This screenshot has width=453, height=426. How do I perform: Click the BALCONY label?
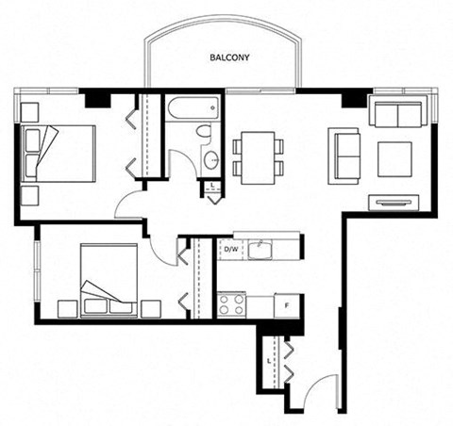pos(229,57)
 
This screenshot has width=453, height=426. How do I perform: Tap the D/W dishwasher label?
pos(231,250)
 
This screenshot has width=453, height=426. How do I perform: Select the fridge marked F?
pos(287,305)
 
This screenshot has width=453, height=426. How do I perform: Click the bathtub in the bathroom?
pos(193,108)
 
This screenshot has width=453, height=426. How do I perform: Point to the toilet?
pos(205,131)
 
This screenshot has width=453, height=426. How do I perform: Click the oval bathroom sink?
pos(211,160)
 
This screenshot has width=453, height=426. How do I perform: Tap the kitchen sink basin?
pos(260,250)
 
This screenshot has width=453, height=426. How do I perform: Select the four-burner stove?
pos(231,304)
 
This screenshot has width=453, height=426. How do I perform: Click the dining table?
pos(259,157)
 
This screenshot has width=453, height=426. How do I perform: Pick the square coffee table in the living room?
pos(394,159)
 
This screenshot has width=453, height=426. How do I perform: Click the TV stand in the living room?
pos(394,203)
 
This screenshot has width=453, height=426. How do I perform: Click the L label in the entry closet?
pos(269,361)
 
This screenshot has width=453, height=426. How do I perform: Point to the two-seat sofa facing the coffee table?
pos(344,156)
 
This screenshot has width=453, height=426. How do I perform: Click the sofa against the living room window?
pos(398,111)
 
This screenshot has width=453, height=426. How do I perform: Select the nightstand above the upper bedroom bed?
pos(29,112)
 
